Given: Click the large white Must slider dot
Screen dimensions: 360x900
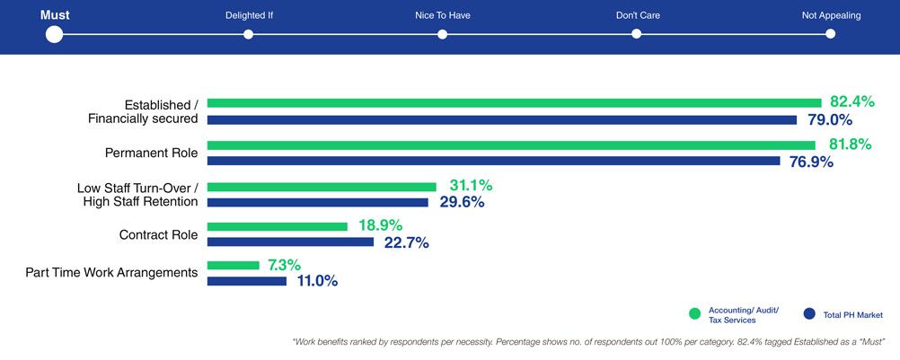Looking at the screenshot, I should click(54, 34).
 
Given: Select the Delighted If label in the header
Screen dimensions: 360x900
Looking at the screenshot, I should click(249, 15).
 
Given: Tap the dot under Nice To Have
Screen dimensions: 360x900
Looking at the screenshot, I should click(442, 34).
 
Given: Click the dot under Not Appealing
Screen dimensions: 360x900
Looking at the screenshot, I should click(830, 34).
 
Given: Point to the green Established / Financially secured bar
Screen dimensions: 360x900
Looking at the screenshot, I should click(514, 102).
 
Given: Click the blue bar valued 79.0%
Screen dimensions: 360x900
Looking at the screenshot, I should click(501, 119).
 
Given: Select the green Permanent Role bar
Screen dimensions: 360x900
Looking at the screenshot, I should click(511, 145).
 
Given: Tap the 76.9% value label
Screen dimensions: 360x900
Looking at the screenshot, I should click(811, 162).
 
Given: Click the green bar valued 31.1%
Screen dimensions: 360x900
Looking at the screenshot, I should click(322, 187).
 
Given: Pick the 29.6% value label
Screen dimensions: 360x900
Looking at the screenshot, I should click(461, 203).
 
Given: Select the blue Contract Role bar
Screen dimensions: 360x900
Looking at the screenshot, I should click(290, 241).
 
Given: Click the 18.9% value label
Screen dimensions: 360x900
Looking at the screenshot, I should click(379, 225).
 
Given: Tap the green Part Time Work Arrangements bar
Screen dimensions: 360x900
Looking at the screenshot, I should click(234, 266).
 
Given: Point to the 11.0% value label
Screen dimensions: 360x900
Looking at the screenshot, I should click(317, 281).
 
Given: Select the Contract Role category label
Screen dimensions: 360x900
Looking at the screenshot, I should click(158, 234).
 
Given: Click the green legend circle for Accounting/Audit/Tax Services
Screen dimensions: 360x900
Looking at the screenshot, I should click(694, 314).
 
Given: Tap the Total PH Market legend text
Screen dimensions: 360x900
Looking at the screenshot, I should click(853, 315).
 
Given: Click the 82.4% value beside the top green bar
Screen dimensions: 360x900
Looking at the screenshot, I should click(851, 101).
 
